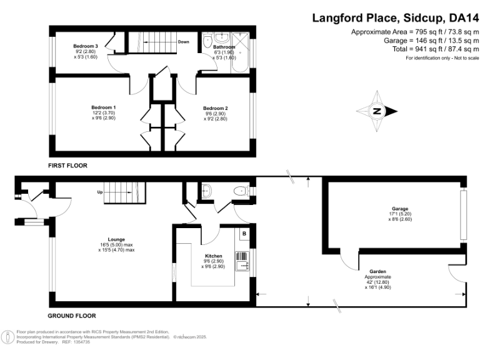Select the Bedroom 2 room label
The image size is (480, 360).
pyautogui.click(x=215, y=108)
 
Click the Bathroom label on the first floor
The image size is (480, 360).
pyautogui.click(x=224, y=47)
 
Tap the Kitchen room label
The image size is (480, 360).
pyautogui.click(x=214, y=256)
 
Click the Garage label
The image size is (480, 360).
pyautogui.click(x=399, y=209)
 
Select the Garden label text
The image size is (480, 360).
pyautogui.click(x=377, y=271)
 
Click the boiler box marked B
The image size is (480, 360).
pyautogui.click(x=244, y=234)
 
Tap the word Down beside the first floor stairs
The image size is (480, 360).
pyautogui.click(x=183, y=42)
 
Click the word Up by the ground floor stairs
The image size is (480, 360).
pyautogui.click(x=99, y=192)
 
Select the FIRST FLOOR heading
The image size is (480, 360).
pyautogui.click(x=67, y=166)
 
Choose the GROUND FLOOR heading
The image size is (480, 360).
pyautogui.click(x=72, y=316)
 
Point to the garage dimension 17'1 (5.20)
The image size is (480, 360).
pyautogui.click(x=399, y=214)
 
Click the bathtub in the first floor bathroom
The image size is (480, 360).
pyautogui.click(x=244, y=50)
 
